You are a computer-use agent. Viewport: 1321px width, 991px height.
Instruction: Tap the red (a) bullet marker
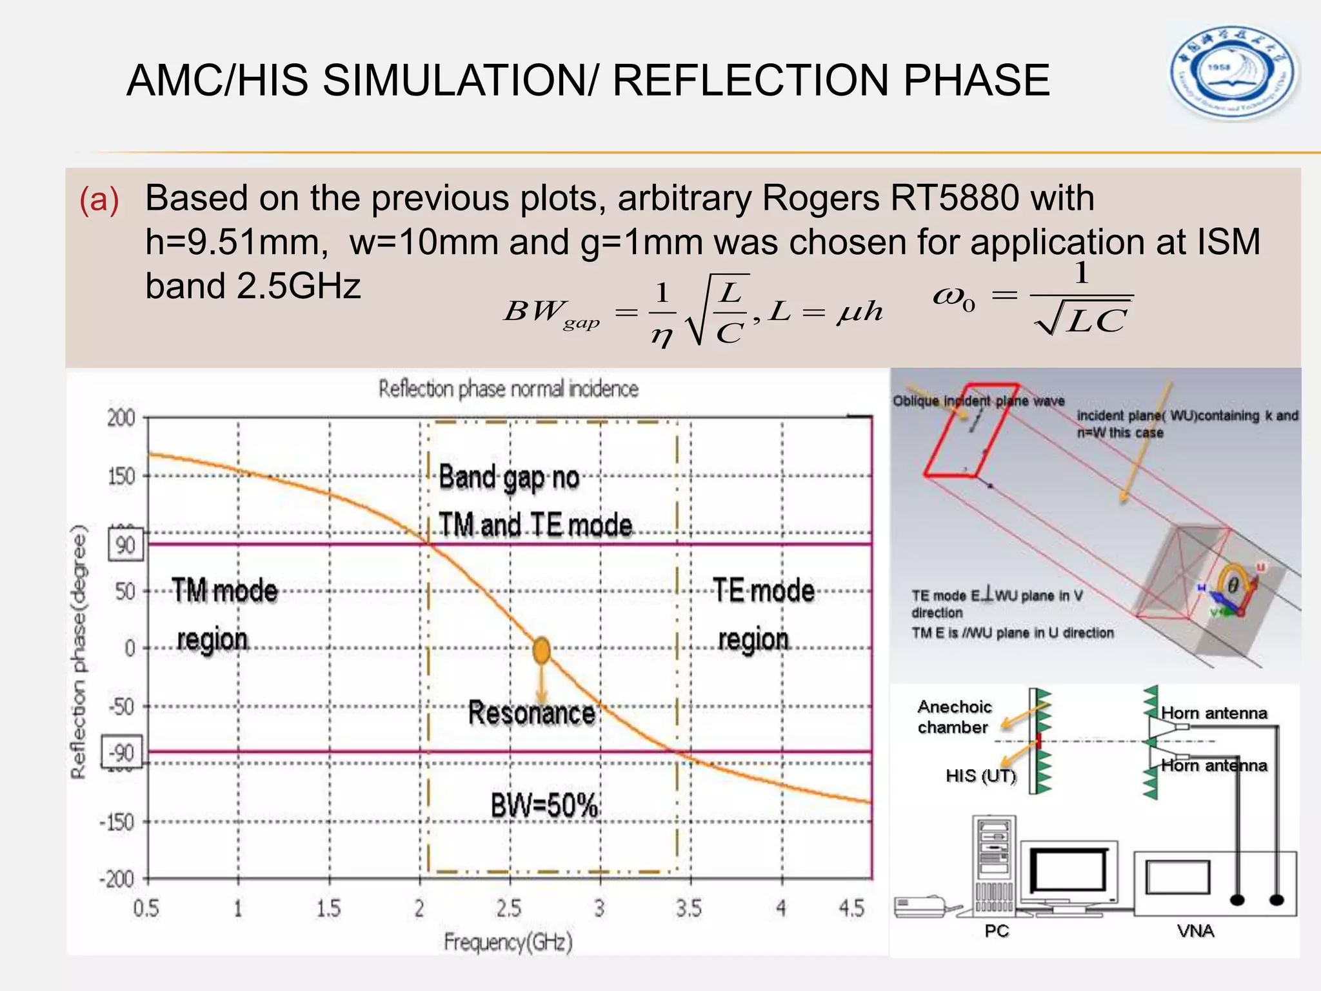(x=99, y=199)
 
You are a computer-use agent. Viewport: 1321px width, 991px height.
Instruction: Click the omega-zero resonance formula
(x=1032, y=298)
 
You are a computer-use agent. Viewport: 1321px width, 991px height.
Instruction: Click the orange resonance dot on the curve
(x=542, y=650)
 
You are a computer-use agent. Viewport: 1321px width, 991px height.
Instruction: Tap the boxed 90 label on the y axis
(x=126, y=545)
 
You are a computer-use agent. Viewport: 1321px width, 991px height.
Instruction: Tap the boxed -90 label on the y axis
(x=121, y=754)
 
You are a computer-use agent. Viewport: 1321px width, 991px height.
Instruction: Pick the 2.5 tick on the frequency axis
(x=509, y=909)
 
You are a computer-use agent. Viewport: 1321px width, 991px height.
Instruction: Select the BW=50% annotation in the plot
(x=544, y=805)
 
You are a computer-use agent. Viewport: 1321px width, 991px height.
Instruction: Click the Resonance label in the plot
(x=531, y=714)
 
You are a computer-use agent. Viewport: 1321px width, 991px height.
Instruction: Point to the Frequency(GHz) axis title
(x=508, y=943)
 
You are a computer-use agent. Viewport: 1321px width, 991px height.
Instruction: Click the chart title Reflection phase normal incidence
(x=508, y=389)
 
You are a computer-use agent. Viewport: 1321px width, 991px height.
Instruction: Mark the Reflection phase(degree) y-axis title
(x=79, y=652)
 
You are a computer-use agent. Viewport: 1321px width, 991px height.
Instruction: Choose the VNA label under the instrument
(x=1195, y=931)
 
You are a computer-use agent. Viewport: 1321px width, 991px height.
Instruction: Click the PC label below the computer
(x=996, y=931)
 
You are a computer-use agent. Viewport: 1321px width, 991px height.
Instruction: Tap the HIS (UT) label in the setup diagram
(x=980, y=776)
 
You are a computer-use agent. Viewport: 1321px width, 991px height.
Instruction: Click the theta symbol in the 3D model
(x=1233, y=585)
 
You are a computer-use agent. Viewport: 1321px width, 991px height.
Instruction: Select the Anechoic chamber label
(x=953, y=717)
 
